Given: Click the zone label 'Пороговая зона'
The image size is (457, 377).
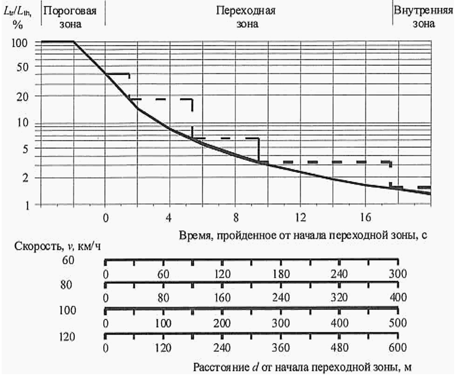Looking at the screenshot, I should [x=70, y=17].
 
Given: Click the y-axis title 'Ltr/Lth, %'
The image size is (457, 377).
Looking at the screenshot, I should [x=22, y=17].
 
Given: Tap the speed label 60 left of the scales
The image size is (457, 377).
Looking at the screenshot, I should [x=68, y=260].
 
